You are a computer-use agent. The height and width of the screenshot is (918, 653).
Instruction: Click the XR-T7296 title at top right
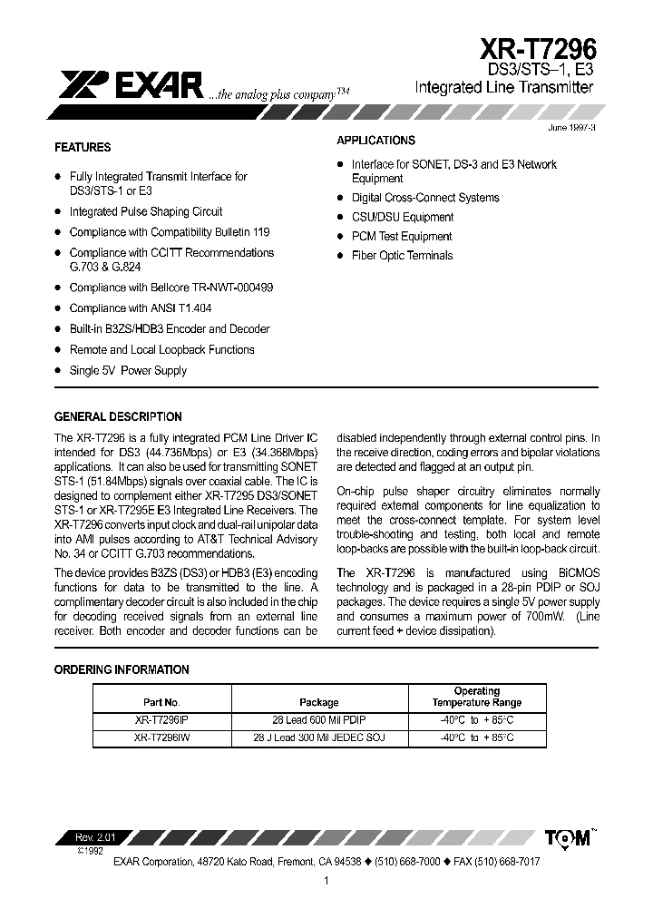(538, 48)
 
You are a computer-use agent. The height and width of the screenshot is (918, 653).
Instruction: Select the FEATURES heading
(83, 147)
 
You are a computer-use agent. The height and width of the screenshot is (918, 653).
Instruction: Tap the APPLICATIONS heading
(375, 141)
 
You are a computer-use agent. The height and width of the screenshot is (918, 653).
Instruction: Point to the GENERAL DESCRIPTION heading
(118, 417)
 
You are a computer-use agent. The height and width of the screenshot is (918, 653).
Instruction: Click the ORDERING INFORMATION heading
(122, 669)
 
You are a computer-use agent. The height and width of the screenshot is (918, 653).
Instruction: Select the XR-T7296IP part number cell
(161, 720)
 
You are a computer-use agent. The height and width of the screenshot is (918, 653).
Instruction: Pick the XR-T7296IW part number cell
(161, 738)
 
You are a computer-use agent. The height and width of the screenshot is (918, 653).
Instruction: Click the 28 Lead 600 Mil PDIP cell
(318, 720)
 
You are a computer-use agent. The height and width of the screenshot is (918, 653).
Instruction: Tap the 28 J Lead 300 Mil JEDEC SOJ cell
(318, 738)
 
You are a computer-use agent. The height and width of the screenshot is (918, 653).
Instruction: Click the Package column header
(318, 702)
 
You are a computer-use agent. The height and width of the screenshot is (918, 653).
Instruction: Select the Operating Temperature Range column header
(476, 697)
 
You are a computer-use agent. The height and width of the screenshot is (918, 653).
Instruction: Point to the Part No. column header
(161, 702)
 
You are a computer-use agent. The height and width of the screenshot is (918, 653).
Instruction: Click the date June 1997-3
(571, 128)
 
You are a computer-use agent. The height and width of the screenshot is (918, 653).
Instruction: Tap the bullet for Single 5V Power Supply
(58, 370)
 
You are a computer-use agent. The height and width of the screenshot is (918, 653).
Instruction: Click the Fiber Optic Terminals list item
(402, 256)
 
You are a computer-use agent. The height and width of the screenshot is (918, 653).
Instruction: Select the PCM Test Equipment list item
(402, 236)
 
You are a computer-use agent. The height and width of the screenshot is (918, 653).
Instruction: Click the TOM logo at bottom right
(569, 838)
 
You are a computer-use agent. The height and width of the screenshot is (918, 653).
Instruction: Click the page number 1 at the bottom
(325, 880)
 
